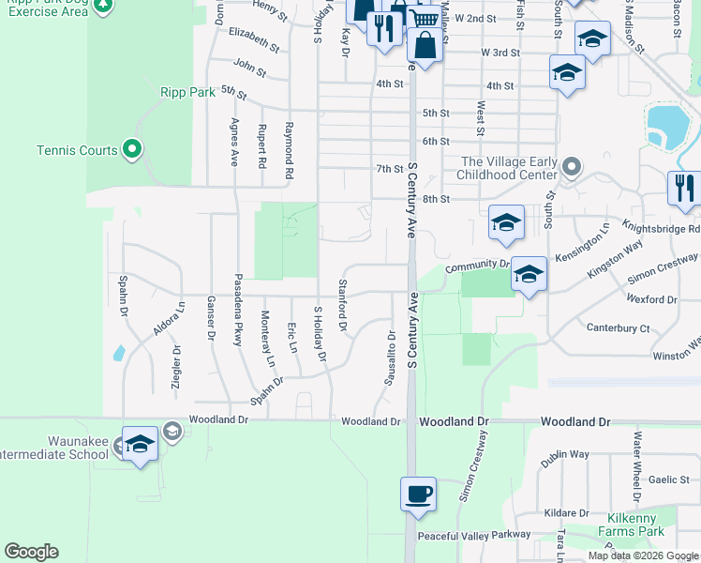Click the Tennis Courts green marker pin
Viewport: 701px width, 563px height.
coord(132,149)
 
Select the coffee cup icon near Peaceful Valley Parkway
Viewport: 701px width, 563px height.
coord(418,493)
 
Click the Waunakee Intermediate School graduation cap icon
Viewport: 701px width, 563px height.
coord(140,445)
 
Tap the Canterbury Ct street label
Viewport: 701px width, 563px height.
coord(618,327)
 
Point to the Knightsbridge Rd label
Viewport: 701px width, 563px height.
coord(666,229)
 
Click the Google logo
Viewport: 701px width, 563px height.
coord(31,552)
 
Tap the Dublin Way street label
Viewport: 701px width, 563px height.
coord(565,454)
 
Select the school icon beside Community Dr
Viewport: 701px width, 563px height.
coord(529,274)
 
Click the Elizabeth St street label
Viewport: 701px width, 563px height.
coord(254,38)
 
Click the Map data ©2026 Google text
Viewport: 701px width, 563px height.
coord(643,555)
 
